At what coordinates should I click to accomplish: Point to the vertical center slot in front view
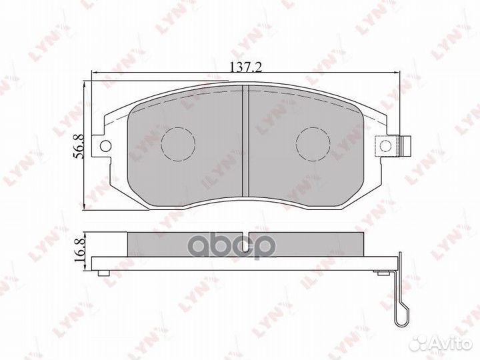click(245, 143)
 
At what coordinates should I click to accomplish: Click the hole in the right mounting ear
click(385, 145)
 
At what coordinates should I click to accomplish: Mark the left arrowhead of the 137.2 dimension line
click(95, 74)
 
